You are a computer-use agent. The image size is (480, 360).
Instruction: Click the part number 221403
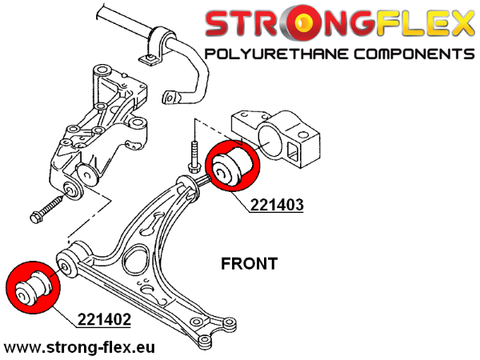click(277, 205)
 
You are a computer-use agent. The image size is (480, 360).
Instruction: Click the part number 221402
click(104, 321)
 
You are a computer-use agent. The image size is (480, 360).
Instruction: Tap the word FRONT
click(249, 263)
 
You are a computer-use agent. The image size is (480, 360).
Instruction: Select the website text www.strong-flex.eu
click(80, 348)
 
